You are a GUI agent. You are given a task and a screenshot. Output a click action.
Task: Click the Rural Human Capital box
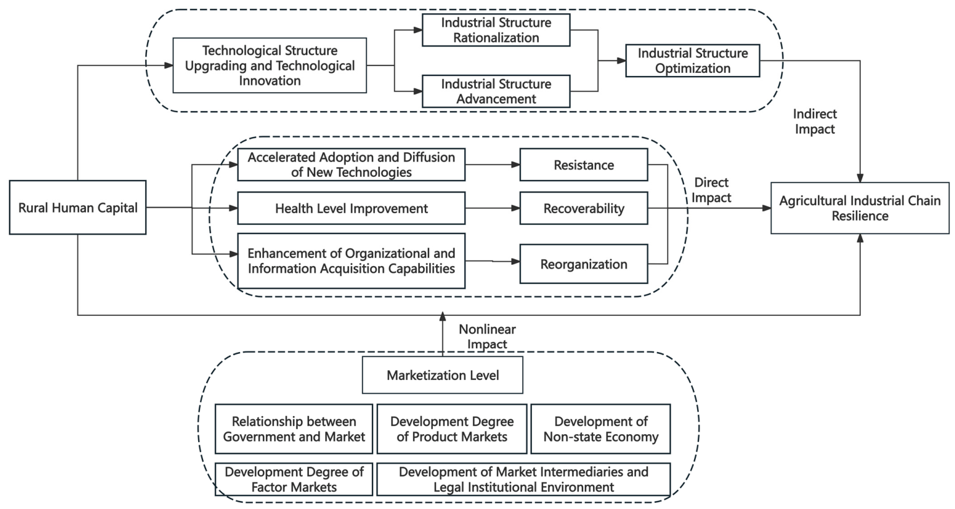pos(78,207)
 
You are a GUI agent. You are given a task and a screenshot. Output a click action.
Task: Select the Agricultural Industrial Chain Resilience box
pos(860,208)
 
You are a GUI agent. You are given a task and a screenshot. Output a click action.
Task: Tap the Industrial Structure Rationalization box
pos(496,30)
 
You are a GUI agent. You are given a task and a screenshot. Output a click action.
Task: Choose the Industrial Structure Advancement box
pos(496,91)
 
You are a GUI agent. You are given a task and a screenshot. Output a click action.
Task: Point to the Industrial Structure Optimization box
pos(692,60)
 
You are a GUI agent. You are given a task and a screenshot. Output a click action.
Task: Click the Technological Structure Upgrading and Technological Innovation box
pos(270,65)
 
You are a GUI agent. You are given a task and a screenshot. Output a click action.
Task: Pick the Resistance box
pos(584,164)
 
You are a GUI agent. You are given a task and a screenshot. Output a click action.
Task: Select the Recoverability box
pos(584,208)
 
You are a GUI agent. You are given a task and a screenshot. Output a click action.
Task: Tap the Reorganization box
pos(584,264)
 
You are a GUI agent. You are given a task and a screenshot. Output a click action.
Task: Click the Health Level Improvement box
pos(351,208)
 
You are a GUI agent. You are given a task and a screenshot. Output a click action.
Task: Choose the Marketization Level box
pos(442,375)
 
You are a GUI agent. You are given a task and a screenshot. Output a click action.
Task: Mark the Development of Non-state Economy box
pos(601,429)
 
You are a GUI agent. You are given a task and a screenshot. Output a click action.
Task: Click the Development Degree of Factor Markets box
pos(294,479)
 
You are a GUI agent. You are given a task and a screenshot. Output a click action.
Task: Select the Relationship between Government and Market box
pos(294,429)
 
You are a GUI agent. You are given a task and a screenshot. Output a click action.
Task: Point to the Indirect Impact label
pos(815,121)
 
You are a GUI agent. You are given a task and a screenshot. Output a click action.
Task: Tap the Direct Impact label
pos(711,190)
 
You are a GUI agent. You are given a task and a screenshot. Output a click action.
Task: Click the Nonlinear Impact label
pos(487,336)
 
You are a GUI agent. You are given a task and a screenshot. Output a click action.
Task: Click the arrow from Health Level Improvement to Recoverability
pos(492,208)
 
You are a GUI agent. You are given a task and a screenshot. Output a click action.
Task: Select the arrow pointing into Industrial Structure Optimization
pos(612,60)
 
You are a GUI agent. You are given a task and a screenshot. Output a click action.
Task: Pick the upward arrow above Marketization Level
pos(442,334)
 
